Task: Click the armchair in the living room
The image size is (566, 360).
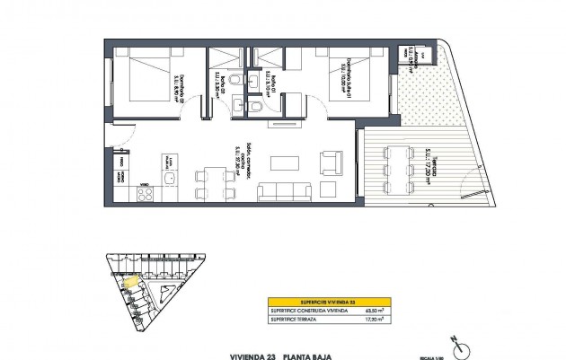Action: click(x=331, y=163)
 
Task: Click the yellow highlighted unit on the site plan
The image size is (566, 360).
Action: click(x=131, y=283)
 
